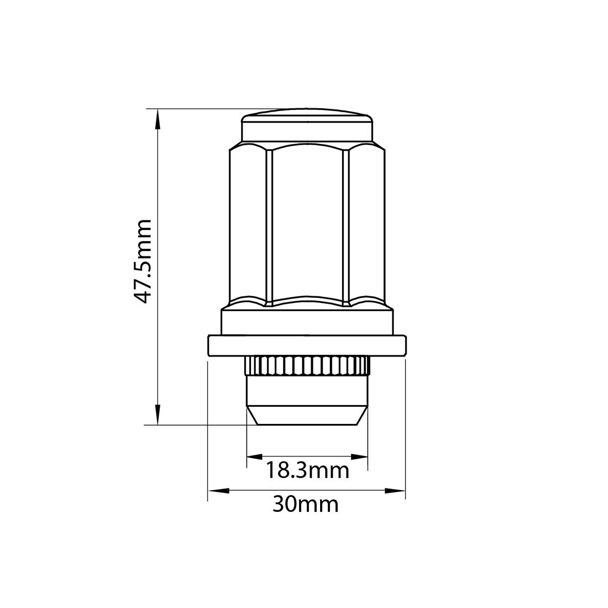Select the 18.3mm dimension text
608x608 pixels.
(307, 471)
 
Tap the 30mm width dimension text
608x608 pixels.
(305, 504)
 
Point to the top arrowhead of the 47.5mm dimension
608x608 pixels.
(158, 118)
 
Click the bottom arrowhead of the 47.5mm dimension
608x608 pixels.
(158, 416)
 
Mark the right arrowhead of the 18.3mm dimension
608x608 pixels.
(360, 457)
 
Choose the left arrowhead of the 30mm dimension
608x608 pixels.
(217, 490)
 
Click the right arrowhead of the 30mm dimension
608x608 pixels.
(396, 490)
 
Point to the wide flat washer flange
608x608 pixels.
(307, 345)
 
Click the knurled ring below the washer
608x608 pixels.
(307, 365)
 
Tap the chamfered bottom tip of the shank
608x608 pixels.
(307, 416)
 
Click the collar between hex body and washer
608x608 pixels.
(307, 321)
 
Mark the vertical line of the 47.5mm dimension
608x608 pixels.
(158, 332)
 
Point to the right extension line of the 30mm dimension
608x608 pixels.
(406, 431)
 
